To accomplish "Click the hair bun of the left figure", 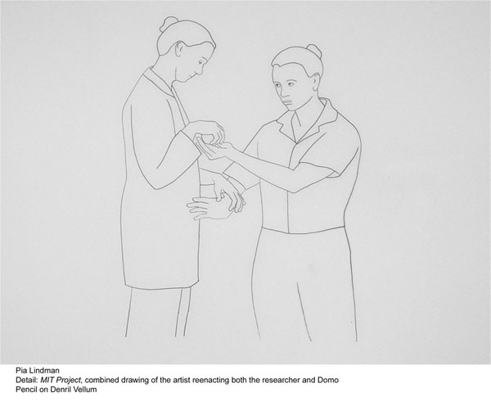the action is pos(168,25).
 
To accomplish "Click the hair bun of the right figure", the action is pos(314,51).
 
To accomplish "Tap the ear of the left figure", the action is pos(180,49).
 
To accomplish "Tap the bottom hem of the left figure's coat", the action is pos(162,286).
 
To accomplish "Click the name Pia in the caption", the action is pos(21,371).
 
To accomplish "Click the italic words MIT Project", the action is pos(61,381).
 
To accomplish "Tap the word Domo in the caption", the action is pos(328,380).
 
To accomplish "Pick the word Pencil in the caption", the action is pos(25,390).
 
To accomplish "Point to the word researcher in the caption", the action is pos(279,380).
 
